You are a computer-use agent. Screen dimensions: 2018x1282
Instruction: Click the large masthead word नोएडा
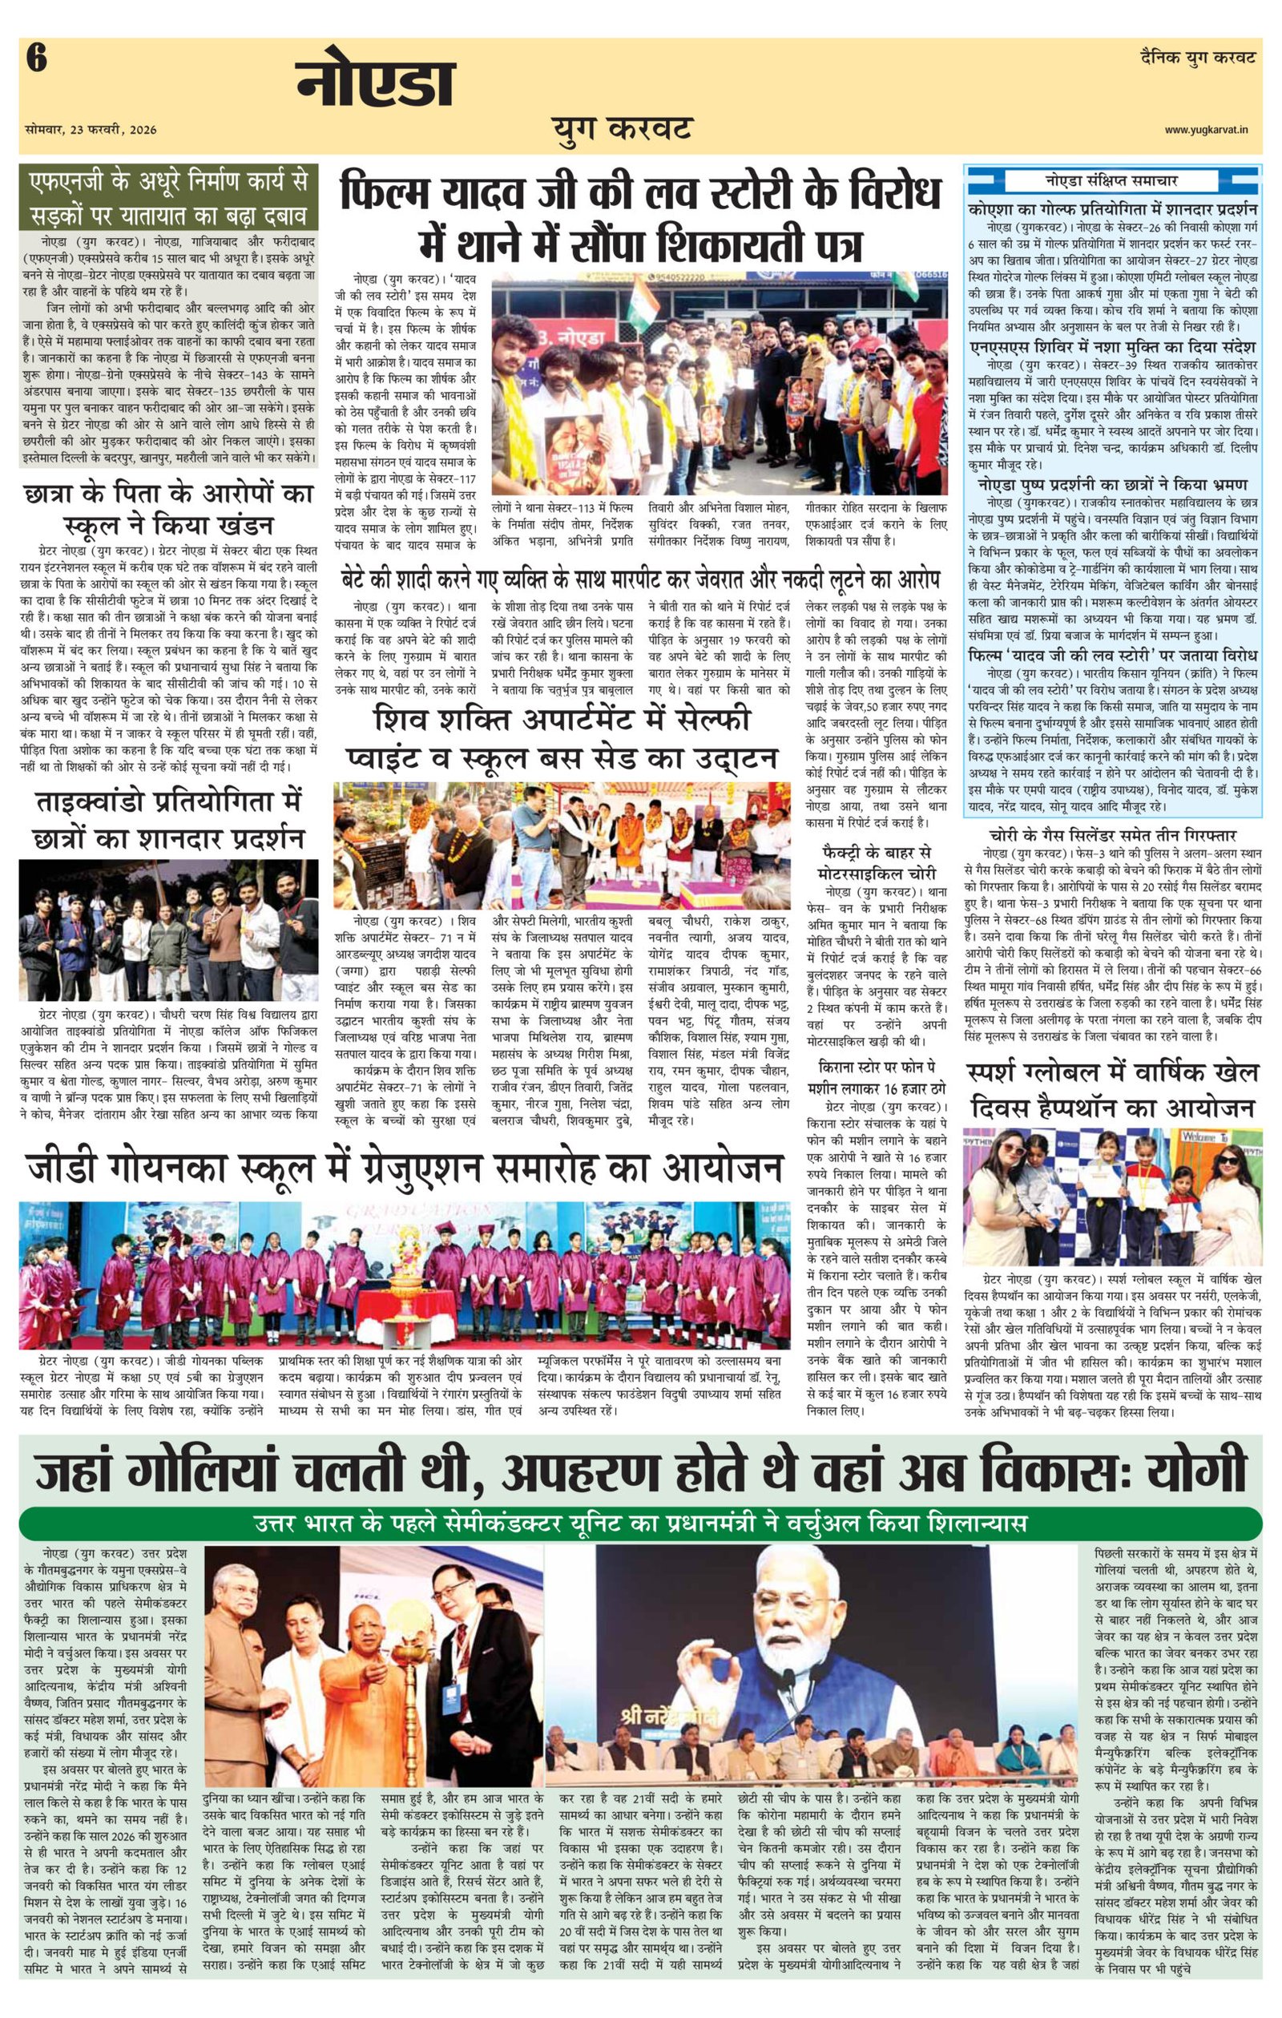(375, 83)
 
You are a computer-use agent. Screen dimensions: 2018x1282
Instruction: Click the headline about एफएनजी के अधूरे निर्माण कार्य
(168, 198)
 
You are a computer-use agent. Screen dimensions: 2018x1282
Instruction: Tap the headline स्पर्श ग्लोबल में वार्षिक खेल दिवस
(1113, 1088)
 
